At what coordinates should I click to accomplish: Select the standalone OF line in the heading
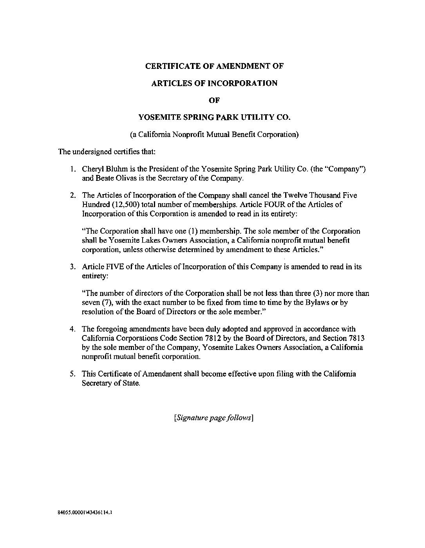[214, 100]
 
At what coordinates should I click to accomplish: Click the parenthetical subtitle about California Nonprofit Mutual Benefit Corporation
[214, 134]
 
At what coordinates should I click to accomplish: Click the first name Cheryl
[91, 169]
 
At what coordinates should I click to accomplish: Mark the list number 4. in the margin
[73, 329]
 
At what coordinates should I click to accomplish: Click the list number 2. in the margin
[73, 195]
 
